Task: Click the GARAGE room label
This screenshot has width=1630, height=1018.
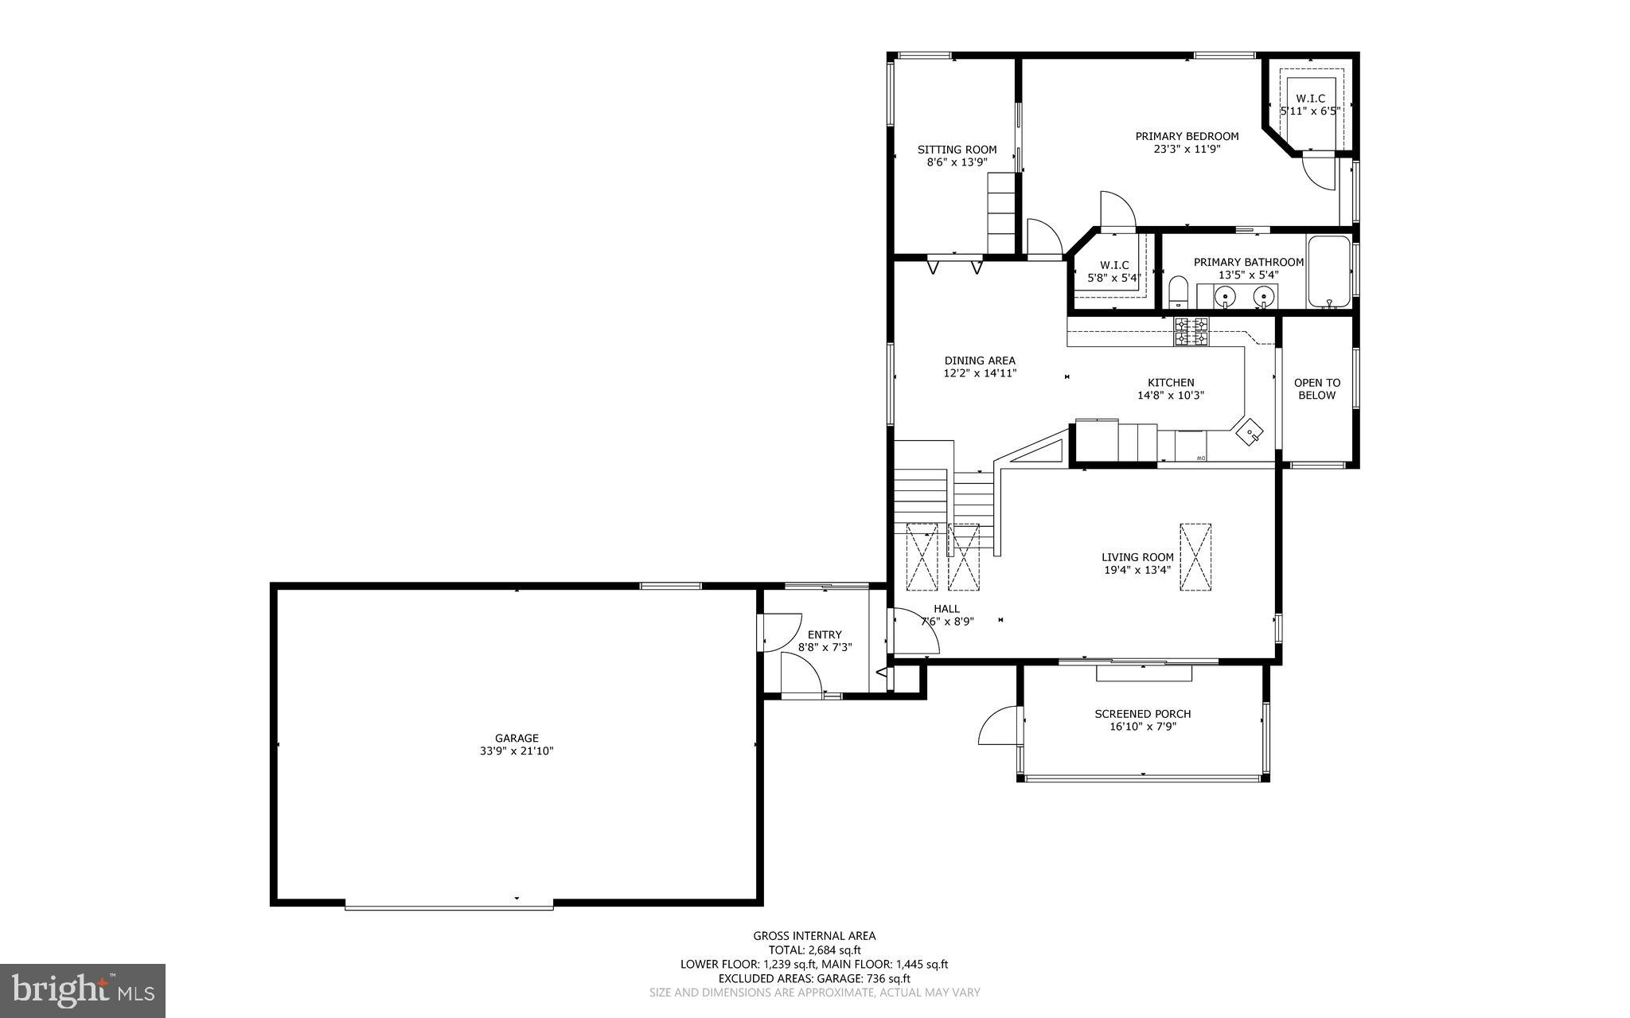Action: tap(517, 738)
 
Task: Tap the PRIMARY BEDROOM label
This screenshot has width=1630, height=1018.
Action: tap(1187, 136)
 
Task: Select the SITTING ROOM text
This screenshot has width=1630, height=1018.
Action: tap(957, 150)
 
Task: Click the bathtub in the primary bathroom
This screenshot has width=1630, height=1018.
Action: tap(1328, 272)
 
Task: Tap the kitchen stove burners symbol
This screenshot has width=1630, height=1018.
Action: tap(1191, 331)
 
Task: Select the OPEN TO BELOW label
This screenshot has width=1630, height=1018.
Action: tap(1316, 388)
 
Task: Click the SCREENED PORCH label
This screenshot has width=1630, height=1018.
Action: tap(1142, 714)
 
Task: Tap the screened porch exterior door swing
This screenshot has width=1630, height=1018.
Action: tap(999, 726)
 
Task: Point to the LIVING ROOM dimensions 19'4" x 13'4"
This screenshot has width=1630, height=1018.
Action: tap(1137, 570)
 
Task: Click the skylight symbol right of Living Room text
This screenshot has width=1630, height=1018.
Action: tap(1195, 556)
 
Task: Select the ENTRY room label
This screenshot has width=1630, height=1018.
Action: tap(824, 634)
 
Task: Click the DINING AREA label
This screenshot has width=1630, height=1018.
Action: tap(980, 361)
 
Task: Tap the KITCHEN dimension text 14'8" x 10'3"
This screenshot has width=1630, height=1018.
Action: tap(1170, 395)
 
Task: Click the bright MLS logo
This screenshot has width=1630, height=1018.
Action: tap(83, 990)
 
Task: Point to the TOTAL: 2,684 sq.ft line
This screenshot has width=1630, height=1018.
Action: tap(814, 950)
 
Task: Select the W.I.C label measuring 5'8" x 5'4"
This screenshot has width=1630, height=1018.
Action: tap(1114, 265)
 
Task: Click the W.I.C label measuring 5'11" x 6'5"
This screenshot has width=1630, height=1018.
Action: tap(1310, 99)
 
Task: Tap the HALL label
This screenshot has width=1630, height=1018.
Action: tap(946, 609)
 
